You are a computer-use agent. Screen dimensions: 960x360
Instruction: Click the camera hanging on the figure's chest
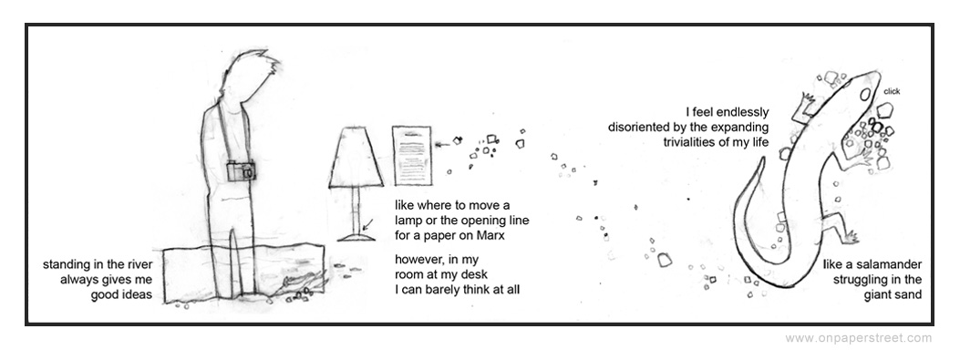[x=241, y=170]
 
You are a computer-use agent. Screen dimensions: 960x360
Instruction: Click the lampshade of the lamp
[x=356, y=157]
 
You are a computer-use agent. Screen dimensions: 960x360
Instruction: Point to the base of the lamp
[x=356, y=238]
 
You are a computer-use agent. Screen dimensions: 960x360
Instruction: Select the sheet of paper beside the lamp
[x=411, y=156]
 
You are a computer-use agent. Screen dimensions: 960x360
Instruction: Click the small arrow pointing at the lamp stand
[x=367, y=225]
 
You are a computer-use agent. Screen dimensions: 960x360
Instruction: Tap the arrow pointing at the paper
[x=441, y=145]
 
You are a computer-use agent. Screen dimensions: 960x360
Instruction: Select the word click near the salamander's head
[x=892, y=92]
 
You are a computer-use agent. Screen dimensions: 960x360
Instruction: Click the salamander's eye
[x=864, y=95]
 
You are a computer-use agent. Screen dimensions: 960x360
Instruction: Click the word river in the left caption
[x=139, y=265]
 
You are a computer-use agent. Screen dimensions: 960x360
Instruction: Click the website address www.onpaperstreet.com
[x=859, y=338]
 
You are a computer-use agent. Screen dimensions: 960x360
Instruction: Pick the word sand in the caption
[x=909, y=295]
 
